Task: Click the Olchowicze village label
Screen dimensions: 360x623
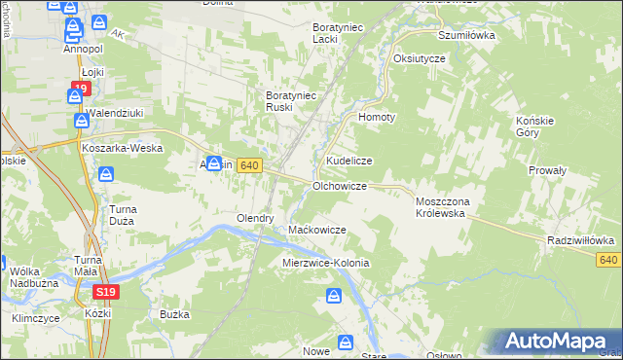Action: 339,185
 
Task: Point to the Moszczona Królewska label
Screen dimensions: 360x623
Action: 443,205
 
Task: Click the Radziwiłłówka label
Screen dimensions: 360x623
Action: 580,239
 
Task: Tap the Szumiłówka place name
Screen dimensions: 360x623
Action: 467,34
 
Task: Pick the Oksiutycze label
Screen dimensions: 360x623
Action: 420,58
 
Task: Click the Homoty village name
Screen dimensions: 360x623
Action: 378,117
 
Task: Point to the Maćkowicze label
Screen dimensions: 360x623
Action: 317,230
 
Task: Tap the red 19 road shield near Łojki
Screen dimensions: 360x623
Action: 80,89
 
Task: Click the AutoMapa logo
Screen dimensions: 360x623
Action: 555,340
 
